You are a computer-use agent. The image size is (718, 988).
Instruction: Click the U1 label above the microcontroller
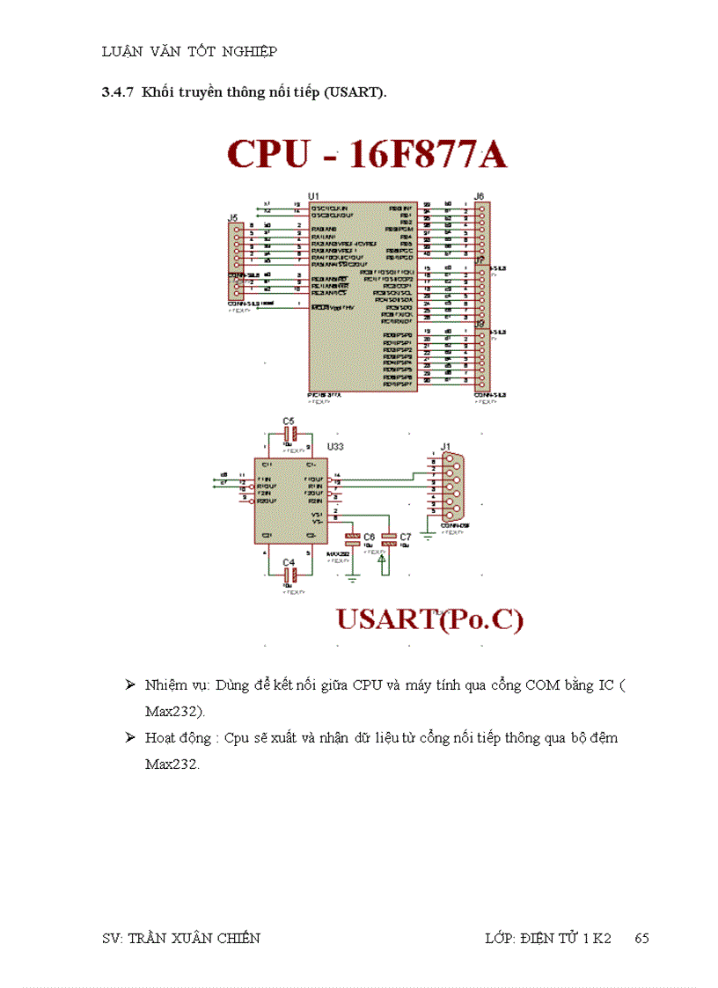pos(313,194)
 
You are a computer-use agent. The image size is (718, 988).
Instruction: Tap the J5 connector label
pos(233,216)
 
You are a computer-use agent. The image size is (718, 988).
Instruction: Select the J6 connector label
pos(479,195)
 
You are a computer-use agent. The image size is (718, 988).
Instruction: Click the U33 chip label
pos(335,447)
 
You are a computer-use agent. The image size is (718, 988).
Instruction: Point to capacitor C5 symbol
pos(289,433)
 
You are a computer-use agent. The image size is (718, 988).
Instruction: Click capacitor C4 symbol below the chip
pos(289,575)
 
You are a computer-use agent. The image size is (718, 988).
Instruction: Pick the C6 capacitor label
pos(369,536)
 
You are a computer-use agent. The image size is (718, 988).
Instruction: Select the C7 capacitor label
pos(405,536)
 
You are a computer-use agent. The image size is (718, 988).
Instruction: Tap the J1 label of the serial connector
pos(446,447)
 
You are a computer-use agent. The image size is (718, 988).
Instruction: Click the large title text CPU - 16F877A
pos(367,154)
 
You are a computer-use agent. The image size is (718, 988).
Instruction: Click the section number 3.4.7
pos(118,91)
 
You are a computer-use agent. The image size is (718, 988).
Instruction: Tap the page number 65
pos(641,938)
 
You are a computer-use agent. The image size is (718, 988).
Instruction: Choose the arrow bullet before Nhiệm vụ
pos(129,684)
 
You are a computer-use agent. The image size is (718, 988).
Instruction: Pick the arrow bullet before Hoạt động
pos(129,737)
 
